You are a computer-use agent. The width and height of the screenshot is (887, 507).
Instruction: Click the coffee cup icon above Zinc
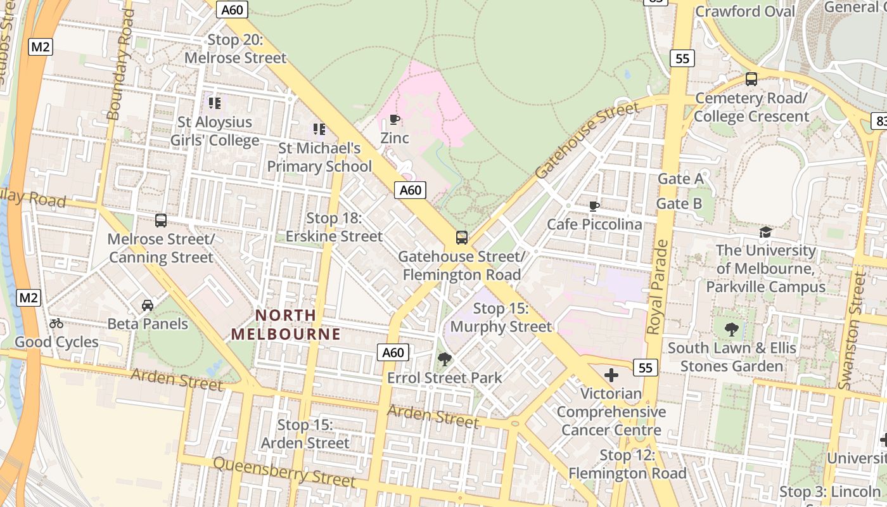click(394, 119)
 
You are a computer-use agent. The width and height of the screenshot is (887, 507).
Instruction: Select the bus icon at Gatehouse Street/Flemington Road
click(462, 238)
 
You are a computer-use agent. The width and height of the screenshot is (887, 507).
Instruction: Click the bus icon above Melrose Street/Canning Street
click(161, 221)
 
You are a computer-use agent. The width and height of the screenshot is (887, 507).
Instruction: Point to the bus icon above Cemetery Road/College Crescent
click(751, 79)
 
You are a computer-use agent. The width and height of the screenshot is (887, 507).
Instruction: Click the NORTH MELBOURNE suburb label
click(285, 324)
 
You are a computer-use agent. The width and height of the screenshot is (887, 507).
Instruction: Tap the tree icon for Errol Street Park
click(445, 359)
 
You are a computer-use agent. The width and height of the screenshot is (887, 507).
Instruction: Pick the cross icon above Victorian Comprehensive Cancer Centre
click(611, 375)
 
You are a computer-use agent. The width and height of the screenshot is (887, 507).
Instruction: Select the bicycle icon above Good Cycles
click(56, 323)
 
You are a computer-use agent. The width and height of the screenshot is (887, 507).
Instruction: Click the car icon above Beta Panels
click(148, 305)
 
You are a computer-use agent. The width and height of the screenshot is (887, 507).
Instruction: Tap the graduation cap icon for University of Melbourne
click(765, 232)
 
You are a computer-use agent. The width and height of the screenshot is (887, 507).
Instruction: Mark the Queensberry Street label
click(284, 472)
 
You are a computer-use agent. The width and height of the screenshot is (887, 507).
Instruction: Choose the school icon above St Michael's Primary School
click(319, 129)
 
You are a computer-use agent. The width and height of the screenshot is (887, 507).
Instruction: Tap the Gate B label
click(679, 203)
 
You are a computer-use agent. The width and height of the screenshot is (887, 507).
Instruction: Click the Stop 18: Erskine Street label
click(334, 228)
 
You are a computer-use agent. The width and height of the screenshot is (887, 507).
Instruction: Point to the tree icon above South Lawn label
click(732, 329)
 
